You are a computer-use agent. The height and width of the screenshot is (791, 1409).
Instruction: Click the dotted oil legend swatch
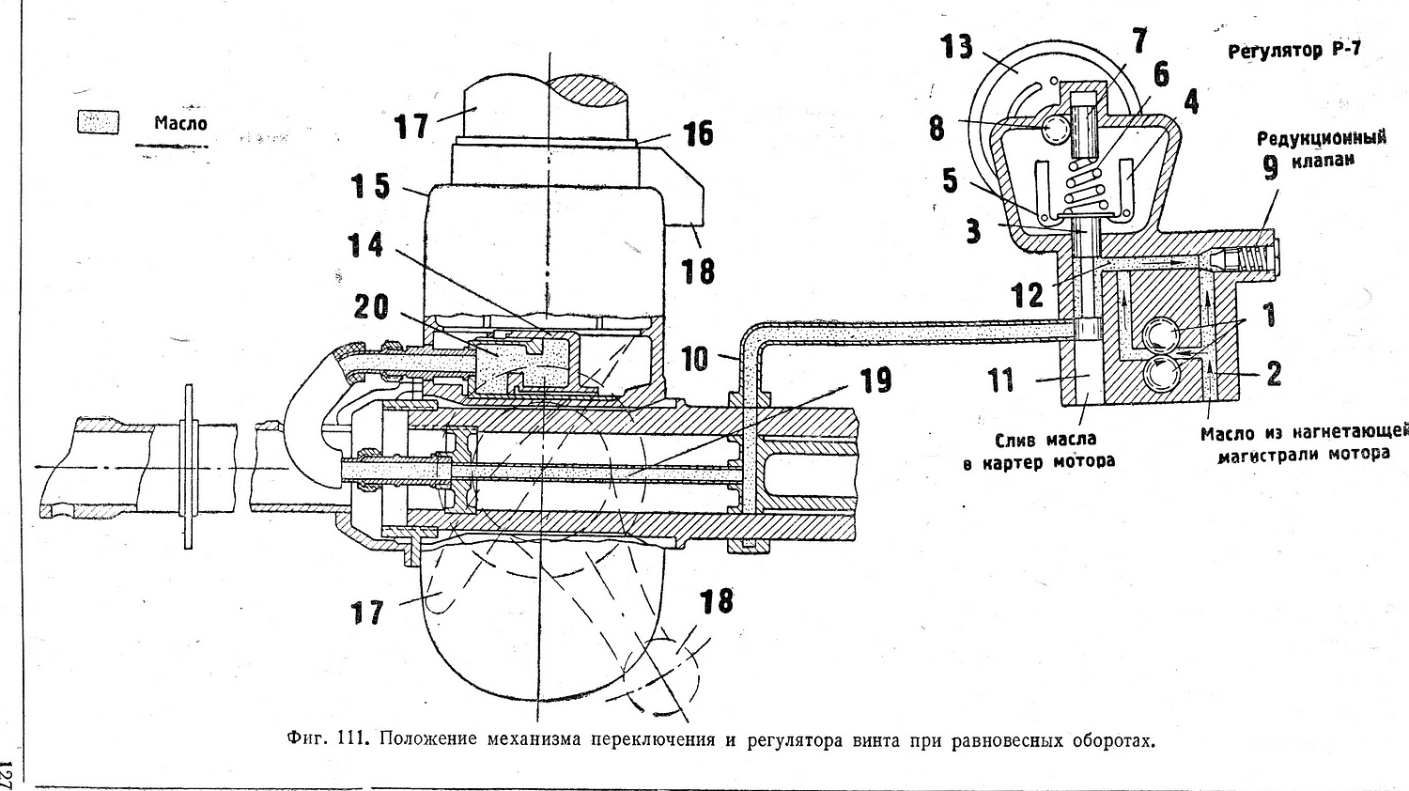98,122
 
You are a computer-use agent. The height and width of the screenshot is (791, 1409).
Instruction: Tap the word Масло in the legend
180,123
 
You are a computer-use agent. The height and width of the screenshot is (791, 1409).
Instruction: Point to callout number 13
957,46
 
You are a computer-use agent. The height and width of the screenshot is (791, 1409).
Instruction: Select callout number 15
370,185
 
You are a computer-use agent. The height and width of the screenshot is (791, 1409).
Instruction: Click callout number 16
698,134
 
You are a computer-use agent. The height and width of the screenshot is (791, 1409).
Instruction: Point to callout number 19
874,380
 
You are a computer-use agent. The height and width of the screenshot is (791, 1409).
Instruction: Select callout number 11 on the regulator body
1000,380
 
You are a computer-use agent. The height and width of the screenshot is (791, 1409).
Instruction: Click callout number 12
1027,295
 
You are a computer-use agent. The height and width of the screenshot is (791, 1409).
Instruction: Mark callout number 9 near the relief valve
1271,167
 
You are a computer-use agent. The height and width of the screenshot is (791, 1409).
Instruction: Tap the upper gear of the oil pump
1163,333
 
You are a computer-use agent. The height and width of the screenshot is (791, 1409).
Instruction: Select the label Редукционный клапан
1322,148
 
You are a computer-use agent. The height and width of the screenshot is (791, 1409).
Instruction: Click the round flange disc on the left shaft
189,466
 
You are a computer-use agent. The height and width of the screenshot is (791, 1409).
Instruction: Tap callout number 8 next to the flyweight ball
937,128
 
